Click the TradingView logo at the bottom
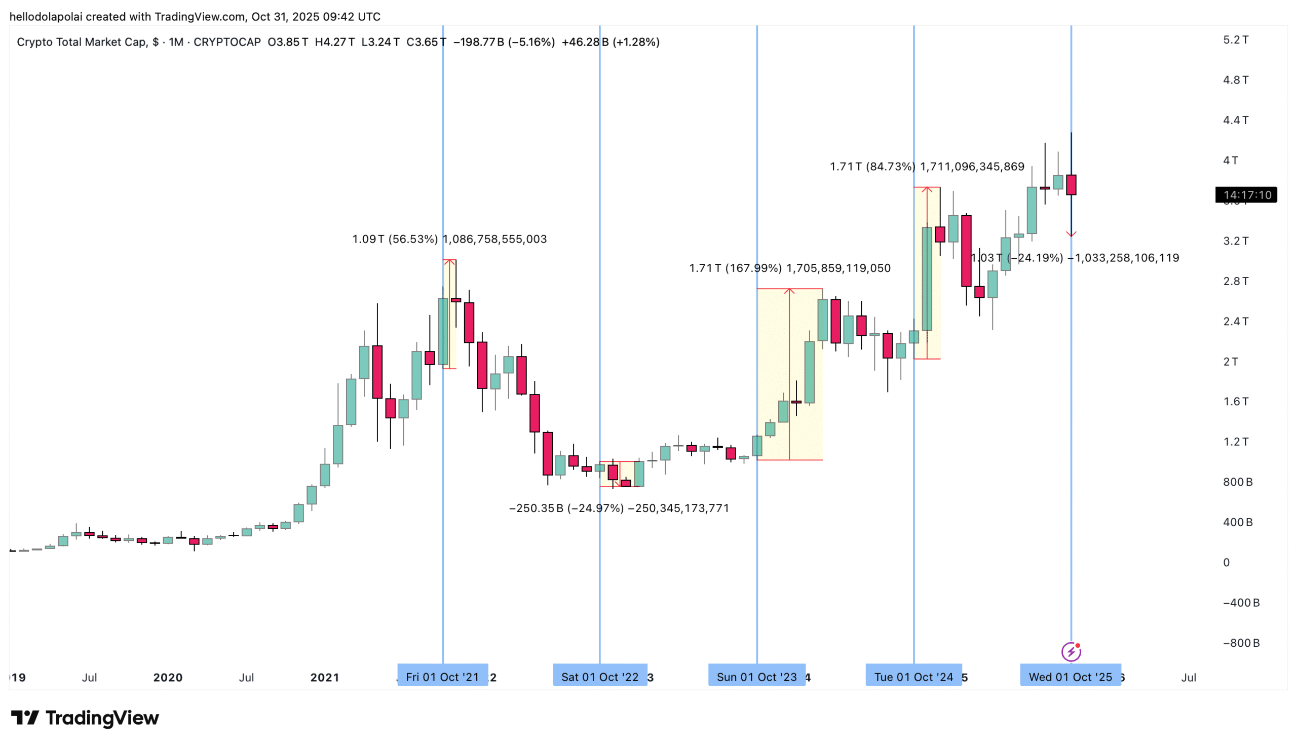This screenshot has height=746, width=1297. pyautogui.click(x=85, y=718)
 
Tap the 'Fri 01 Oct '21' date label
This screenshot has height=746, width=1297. pyautogui.click(x=442, y=677)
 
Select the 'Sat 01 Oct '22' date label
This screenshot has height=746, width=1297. pyautogui.click(x=599, y=677)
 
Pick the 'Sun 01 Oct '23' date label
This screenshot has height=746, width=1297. pyautogui.click(x=756, y=677)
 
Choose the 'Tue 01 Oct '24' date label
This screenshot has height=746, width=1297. pyautogui.click(x=913, y=677)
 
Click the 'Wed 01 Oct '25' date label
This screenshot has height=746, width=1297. pyautogui.click(x=1070, y=677)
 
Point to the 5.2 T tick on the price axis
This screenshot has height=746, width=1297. pyautogui.click(x=1236, y=40)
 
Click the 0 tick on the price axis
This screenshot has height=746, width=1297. pyautogui.click(x=1226, y=563)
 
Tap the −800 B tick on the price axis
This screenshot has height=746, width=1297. pyautogui.click(x=1241, y=643)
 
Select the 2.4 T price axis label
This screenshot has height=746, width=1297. pyautogui.click(x=1236, y=321)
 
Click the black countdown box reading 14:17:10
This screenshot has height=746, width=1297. pyautogui.click(x=1246, y=194)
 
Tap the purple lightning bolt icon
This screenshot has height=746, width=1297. pyautogui.click(x=1071, y=652)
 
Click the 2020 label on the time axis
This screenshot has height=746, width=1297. pyautogui.click(x=168, y=677)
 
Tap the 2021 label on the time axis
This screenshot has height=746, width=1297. pyautogui.click(x=324, y=677)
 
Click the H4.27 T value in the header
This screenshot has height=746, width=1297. pyautogui.click(x=334, y=42)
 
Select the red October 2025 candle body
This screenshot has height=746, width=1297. pyautogui.click(x=1071, y=185)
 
